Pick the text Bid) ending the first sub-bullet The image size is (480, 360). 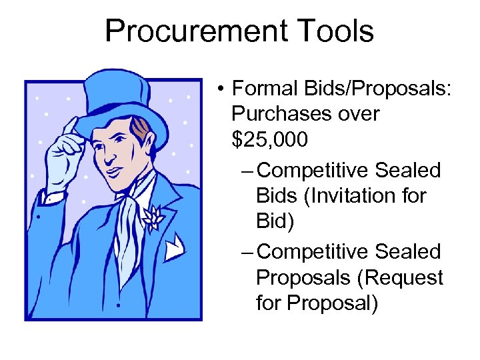click(274, 221)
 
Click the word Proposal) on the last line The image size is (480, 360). click(333, 303)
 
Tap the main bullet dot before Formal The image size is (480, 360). click(219, 89)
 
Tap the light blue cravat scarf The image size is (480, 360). click(129, 220)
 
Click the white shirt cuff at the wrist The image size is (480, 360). click(52, 196)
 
